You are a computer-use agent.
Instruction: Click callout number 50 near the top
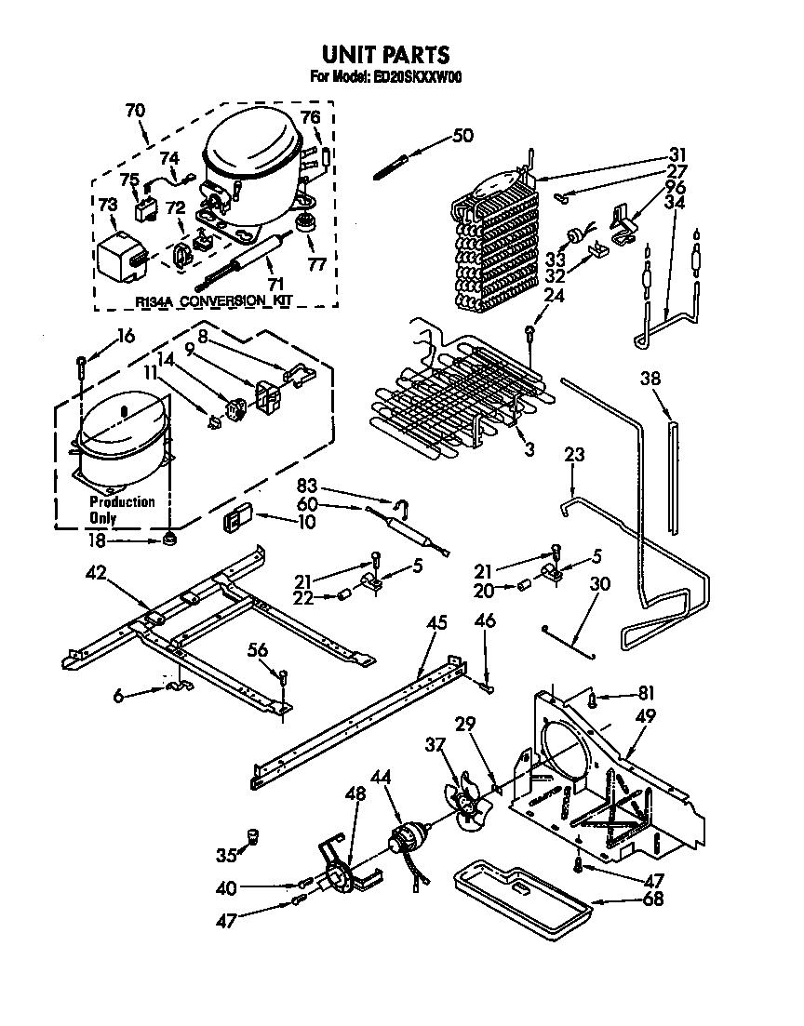coord(462,136)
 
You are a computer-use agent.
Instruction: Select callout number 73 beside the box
coord(108,204)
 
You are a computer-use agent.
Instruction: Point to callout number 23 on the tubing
coord(574,455)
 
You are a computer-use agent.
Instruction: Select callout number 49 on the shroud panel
coord(646,716)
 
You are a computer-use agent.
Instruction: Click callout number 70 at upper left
coord(134,110)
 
